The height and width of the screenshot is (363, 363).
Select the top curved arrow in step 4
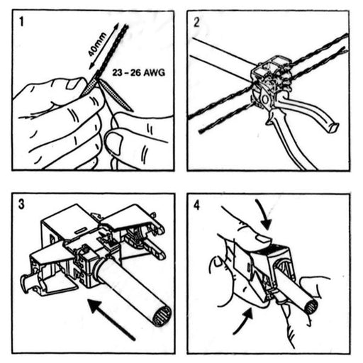coord(262,213)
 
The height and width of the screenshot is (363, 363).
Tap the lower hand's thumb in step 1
coord(121,142)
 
